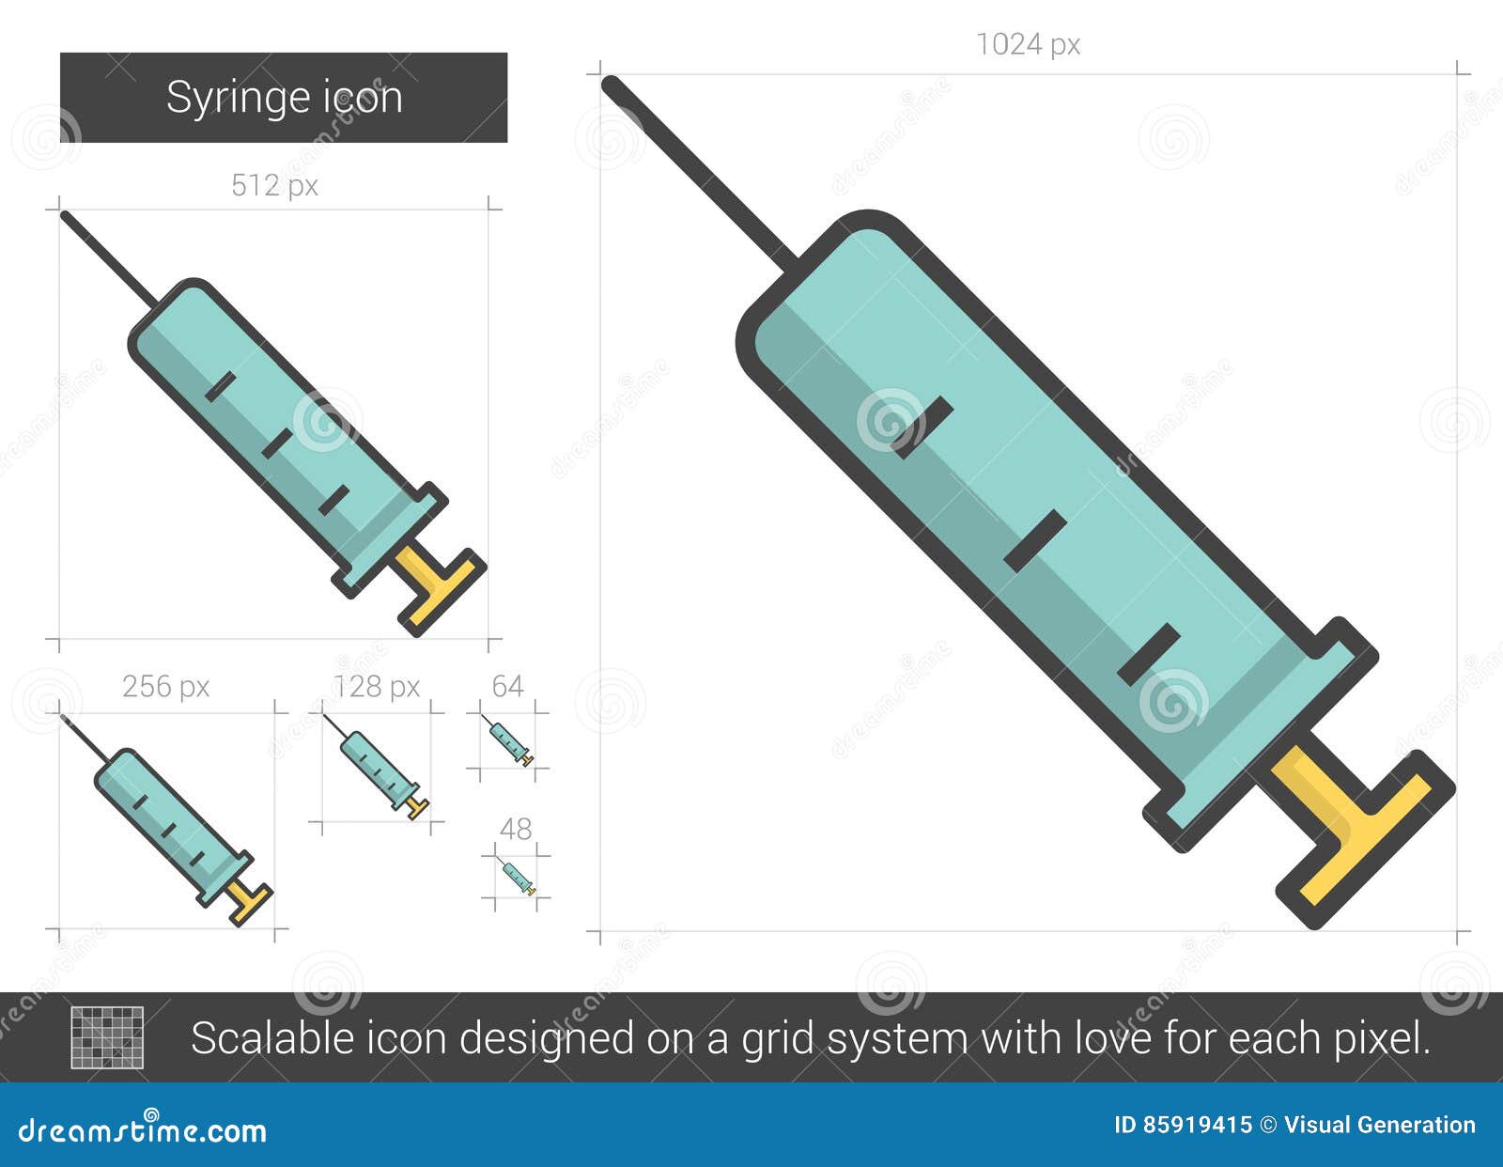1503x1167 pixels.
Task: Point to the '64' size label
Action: pos(507,687)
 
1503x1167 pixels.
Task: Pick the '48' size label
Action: pos(515,829)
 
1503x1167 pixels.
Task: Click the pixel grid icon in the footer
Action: pos(107,1037)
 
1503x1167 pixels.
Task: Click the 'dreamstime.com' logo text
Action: pos(143,1130)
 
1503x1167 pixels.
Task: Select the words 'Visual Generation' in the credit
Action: pos(1379,1125)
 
